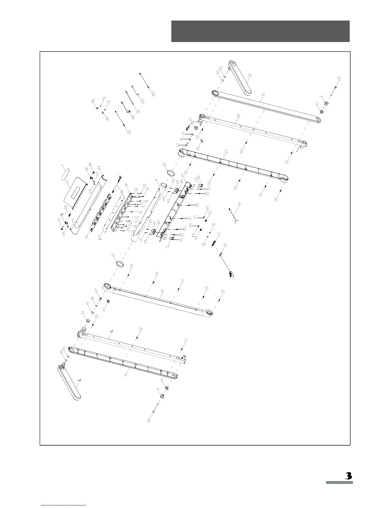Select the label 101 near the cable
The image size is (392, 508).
coord(129,131)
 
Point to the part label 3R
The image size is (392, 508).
coord(249,76)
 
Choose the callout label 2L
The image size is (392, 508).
coord(111,333)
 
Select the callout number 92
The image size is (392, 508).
coord(239,204)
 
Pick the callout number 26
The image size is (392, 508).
coord(225,246)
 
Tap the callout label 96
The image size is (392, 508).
coord(86,236)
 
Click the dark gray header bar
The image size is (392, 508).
coord(260,31)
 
